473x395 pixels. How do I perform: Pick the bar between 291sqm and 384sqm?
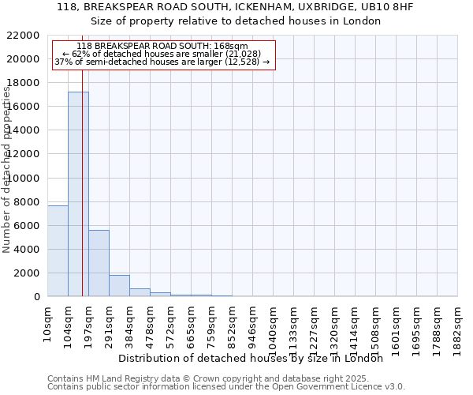119,286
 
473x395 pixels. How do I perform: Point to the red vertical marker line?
82,197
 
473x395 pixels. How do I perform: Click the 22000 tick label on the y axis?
24,36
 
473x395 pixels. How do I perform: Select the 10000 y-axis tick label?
24,178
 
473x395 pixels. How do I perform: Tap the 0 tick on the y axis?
36,297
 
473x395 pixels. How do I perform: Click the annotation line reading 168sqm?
164,47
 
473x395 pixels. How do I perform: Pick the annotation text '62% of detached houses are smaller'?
164,54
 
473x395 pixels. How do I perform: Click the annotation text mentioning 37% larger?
164,62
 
